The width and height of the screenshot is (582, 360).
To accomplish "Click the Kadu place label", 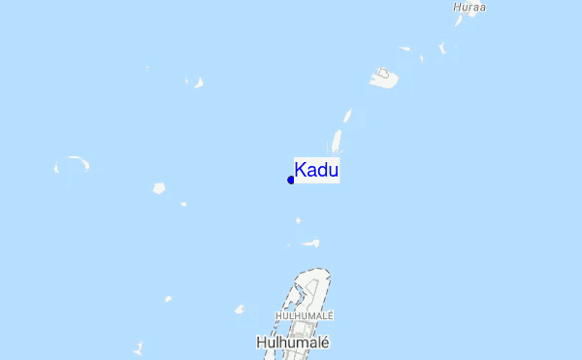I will click(x=316, y=171).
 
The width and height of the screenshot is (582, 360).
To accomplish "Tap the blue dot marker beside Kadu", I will click(x=291, y=180).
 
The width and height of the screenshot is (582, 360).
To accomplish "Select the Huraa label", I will click(x=469, y=7).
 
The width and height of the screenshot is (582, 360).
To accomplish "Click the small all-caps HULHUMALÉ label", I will click(x=305, y=315).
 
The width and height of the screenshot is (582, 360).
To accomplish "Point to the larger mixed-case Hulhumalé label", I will click(x=294, y=343).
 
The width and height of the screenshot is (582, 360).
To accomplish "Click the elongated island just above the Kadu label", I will click(x=338, y=143).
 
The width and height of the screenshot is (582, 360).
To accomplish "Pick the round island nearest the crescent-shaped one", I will click(x=159, y=188).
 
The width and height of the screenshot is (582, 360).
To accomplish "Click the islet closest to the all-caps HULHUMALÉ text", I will click(x=239, y=310).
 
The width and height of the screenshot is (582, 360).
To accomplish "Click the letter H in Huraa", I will click(x=457, y=7).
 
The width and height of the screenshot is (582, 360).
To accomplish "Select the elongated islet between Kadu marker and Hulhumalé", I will click(x=311, y=244).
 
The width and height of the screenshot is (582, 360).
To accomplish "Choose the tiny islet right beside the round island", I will click(x=182, y=204).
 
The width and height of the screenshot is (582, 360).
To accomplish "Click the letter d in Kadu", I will click(x=322, y=171).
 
